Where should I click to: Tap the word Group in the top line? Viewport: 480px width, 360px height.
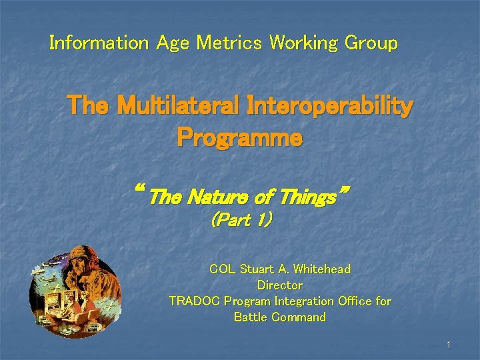point(371,43)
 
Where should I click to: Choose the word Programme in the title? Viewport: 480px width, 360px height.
point(239,138)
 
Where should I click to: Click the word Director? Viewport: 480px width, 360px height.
point(280,285)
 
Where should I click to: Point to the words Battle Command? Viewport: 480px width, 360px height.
point(280,317)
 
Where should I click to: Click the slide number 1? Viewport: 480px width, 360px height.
point(449,345)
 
